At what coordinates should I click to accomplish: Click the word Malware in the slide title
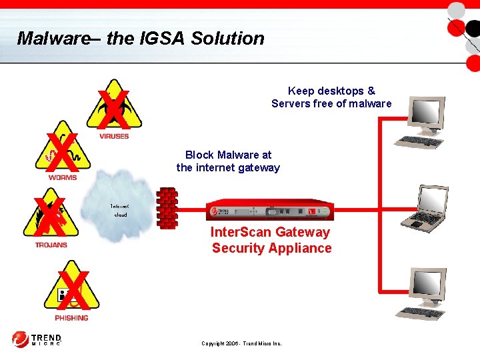point(53,38)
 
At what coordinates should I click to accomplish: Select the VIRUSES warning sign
point(114,107)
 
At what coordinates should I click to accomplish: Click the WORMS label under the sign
point(63,177)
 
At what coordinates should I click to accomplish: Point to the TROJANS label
point(51,245)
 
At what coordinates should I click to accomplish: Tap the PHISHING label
point(72,318)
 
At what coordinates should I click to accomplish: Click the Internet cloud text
point(121,211)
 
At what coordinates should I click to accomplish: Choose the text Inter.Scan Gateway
point(270,232)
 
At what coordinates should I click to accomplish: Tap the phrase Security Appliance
point(271,248)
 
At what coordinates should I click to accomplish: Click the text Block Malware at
point(228,155)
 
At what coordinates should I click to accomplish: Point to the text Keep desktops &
point(331,91)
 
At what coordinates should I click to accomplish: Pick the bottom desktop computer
point(425,293)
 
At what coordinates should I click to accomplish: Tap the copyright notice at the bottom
point(241,343)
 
